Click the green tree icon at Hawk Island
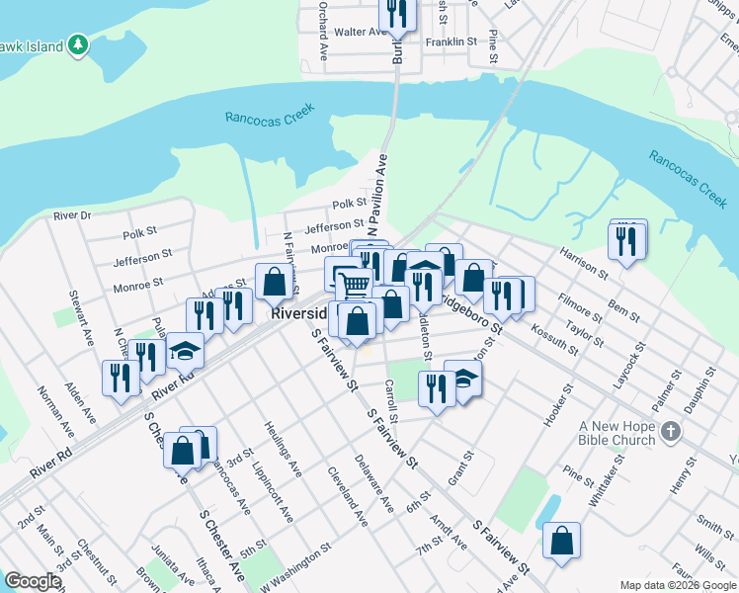[78, 45]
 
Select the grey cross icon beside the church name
[672, 430]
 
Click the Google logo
[32, 581]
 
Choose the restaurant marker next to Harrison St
[627, 241]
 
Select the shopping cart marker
[355, 286]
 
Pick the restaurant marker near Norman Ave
[121, 379]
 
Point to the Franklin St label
[452, 43]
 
